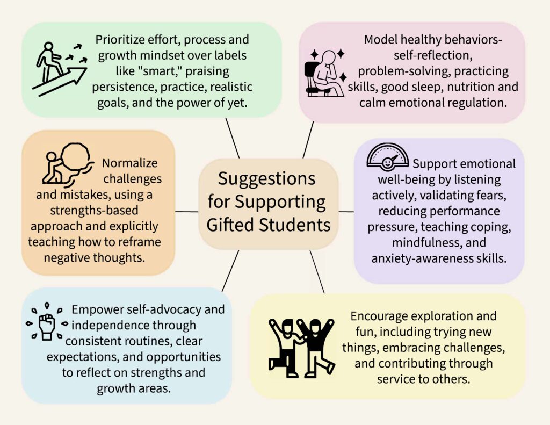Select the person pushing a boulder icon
click(68, 163)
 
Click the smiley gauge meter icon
click(387, 156)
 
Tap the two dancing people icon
click(301, 347)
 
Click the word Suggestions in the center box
click(267, 178)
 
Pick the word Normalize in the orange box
click(130, 163)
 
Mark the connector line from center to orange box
click(187, 211)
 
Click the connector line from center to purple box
click(346, 212)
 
